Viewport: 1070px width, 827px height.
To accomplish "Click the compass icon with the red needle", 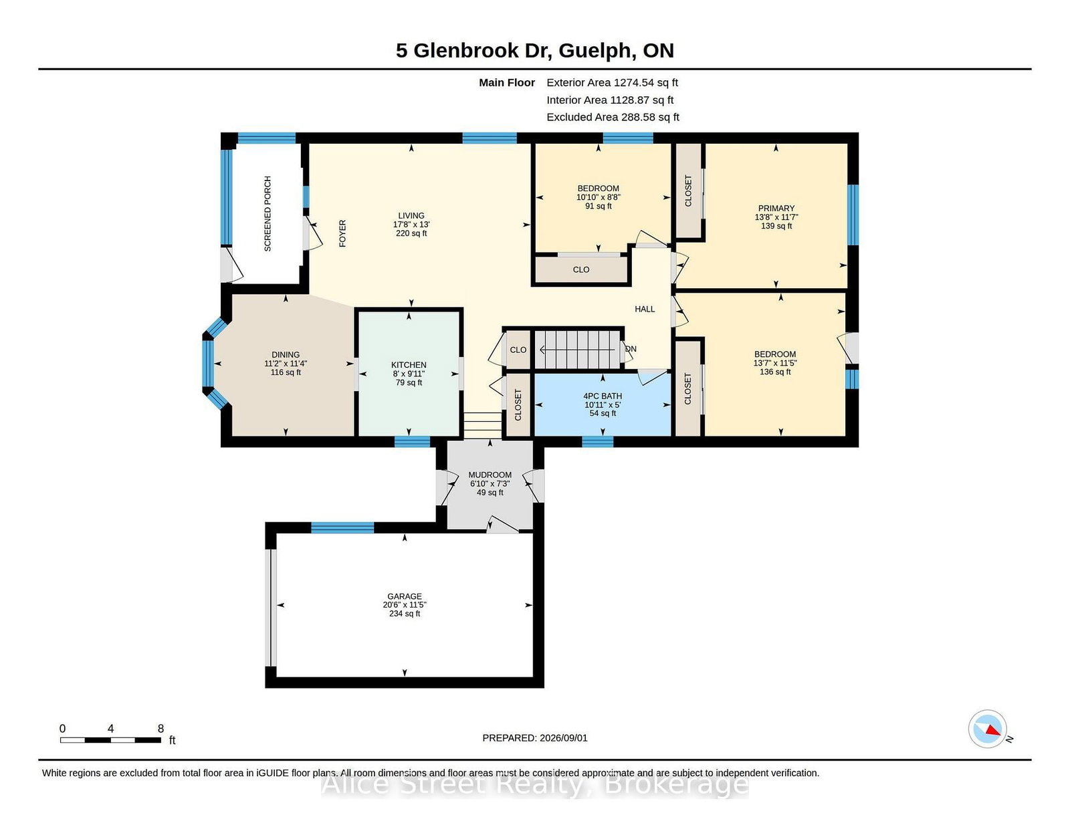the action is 987,729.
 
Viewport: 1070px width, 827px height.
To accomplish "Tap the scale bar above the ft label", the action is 110,740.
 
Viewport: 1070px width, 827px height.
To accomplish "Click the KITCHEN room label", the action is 409,365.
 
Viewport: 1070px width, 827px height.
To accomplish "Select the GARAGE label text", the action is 405,596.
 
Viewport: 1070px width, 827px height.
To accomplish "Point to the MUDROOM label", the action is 490,475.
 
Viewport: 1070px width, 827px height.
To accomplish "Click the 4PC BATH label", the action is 603,396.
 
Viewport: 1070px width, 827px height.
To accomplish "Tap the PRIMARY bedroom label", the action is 776,208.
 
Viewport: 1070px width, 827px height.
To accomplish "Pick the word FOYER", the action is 342,233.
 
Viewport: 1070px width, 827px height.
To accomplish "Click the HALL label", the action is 645,309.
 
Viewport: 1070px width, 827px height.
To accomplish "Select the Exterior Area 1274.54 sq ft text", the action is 612,83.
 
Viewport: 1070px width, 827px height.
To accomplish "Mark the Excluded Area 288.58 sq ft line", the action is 613,117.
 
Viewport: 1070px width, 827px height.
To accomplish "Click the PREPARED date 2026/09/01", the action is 563,738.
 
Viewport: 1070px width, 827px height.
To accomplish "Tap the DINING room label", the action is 286,355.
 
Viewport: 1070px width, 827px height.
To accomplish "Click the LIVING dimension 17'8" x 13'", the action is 411,225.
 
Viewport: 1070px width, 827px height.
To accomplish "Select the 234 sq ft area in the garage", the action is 405,614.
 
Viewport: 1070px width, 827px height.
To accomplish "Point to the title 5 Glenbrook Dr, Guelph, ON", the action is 535,50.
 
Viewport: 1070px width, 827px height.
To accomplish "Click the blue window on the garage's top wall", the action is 342,527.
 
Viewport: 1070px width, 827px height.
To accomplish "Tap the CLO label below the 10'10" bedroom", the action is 581,269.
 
